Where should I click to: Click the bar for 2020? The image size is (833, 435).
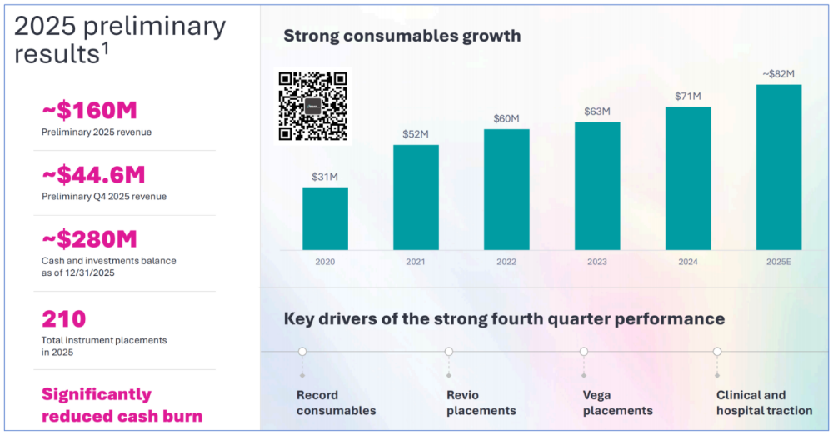click(325, 218)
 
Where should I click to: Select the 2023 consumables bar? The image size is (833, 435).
click(597, 186)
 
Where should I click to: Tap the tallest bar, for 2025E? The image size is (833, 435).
click(779, 167)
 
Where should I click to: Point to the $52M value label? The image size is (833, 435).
click(416, 134)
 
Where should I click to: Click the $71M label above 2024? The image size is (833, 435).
click(688, 97)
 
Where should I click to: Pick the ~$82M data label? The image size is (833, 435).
click(779, 74)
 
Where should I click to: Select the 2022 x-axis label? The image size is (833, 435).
click(506, 261)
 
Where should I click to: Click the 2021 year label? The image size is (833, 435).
click(416, 261)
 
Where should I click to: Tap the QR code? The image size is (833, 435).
click(312, 106)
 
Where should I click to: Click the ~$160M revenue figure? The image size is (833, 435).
click(89, 110)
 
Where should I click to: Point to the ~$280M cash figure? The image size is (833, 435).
click(89, 239)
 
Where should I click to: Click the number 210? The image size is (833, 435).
click(63, 318)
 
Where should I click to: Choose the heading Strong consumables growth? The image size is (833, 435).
click(402, 36)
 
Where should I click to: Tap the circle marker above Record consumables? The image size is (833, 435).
click(302, 352)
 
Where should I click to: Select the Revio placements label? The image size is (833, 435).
click(481, 402)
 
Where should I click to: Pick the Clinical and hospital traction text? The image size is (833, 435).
click(764, 402)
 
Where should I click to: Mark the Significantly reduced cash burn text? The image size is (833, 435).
click(122, 404)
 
